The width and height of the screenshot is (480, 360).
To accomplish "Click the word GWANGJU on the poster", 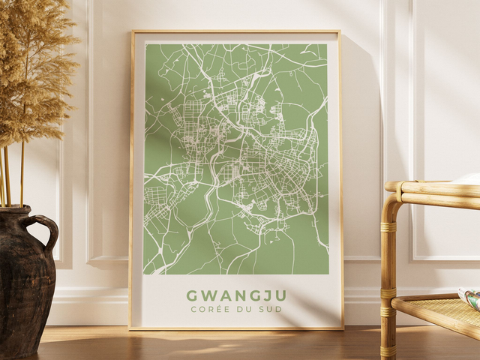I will pyautogui.click(x=236, y=295).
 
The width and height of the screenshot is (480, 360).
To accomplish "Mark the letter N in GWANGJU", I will pyautogui.click(x=236, y=295).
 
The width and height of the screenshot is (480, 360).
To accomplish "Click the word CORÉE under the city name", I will pyautogui.click(x=206, y=309).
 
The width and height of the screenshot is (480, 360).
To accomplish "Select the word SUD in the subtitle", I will pyautogui.click(x=266, y=309).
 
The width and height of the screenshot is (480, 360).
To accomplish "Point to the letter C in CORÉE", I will pyautogui.click(x=193, y=309).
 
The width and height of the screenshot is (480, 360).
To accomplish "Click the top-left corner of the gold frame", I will pyautogui.click(x=132, y=31).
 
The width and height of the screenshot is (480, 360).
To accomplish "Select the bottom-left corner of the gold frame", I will pyautogui.click(x=130, y=328).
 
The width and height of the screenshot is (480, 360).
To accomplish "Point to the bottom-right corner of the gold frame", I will pyautogui.click(x=343, y=328).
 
